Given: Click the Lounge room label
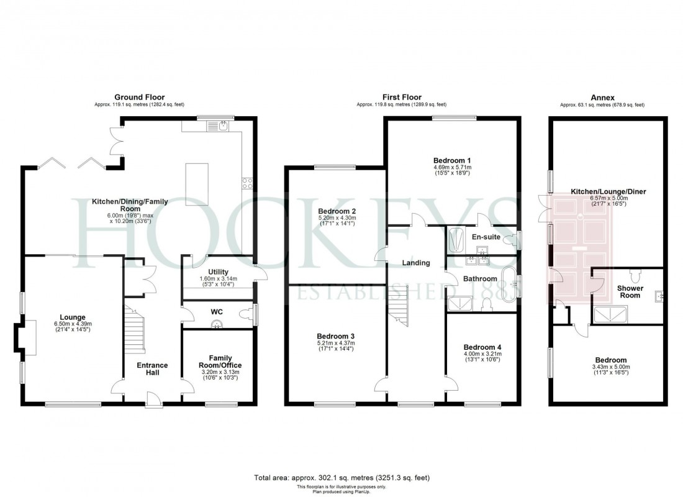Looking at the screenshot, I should tap(72, 317).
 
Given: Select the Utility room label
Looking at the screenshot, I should tap(218, 271).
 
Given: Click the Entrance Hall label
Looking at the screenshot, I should tap(152, 368).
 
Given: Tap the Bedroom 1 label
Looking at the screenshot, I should tap(451, 160).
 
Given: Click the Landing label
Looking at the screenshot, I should tap(415, 263).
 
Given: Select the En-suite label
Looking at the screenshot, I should tap(485, 237).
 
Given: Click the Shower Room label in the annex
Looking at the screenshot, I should tap(629, 291).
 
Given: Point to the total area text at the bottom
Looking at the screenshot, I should tap(341, 478).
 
